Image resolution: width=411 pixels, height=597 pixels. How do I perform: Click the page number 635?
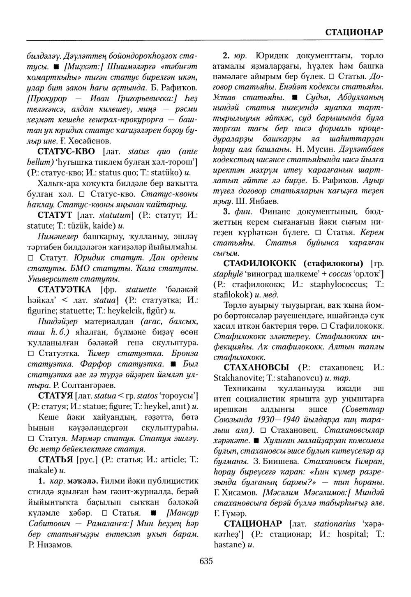(205, 561)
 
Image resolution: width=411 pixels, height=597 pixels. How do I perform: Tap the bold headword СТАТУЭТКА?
(65, 290)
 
